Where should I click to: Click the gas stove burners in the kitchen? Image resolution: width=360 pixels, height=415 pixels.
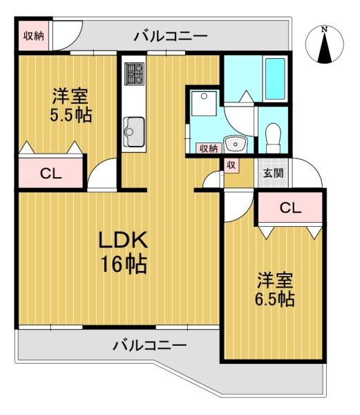133,71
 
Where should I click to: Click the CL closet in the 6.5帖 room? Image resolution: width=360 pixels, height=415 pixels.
290,207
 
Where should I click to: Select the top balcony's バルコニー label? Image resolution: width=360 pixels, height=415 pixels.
170,35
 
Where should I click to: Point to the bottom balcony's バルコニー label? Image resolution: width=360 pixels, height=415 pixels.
149,344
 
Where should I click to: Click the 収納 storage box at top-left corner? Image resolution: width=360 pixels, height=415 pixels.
33,36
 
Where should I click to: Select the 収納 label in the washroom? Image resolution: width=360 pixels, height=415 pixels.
208,148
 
